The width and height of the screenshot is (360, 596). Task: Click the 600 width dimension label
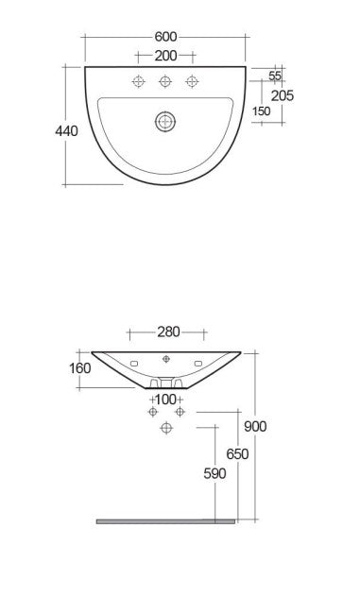click(x=165, y=37)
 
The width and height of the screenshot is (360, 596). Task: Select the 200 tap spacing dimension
click(x=165, y=56)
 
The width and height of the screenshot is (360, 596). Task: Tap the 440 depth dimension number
click(x=66, y=131)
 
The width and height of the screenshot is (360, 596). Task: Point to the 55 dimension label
click(x=275, y=76)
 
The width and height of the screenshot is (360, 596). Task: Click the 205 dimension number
click(x=283, y=95)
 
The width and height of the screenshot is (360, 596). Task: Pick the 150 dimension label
click(x=262, y=111)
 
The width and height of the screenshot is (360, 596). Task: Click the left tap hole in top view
click(x=139, y=81)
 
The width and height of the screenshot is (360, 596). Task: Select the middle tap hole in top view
click(x=165, y=81)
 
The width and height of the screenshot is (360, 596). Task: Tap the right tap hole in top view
click(x=192, y=81)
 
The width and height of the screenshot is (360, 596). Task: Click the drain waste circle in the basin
click(x=165, y=122)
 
